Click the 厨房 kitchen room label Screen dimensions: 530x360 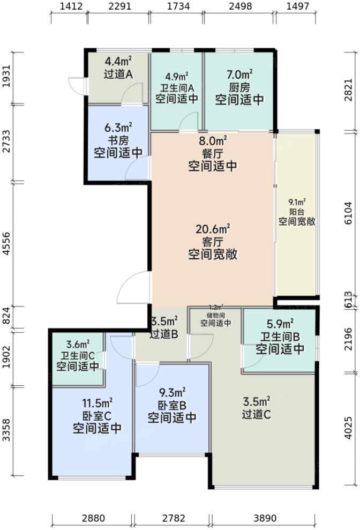tap(239, 87)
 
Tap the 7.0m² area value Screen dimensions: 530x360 tap(239, 74)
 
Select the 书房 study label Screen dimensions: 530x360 tap(118, 140)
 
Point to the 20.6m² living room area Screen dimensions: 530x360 tap(213, 229)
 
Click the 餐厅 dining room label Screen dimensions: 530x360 tap(213, 154)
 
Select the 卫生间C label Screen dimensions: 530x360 tap(78, 355)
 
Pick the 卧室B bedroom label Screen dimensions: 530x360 tap(172, 405)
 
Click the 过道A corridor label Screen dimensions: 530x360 tap(118, 75)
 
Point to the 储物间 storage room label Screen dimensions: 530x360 tap(215, 315)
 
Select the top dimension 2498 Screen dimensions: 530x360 tap(239, 7)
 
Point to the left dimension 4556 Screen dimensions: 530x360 tap(7, 244)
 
